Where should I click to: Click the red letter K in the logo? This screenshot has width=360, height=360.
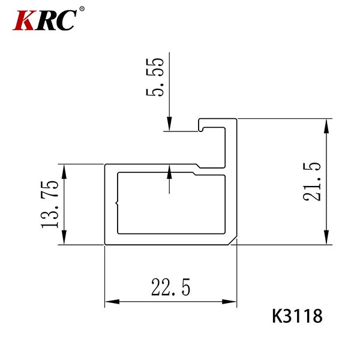point(24,20)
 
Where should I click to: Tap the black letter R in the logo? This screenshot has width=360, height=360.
point(46,20)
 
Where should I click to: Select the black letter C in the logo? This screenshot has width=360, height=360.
point(66,20)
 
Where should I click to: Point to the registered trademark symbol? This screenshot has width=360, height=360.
point(82,9)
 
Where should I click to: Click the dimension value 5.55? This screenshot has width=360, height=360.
point(155,77)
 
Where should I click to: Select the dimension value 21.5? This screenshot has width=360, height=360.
point(311,182)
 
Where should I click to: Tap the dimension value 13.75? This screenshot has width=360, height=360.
point(50,205)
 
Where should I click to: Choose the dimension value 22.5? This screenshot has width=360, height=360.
point(170,287)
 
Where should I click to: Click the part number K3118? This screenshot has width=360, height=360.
point(298,316)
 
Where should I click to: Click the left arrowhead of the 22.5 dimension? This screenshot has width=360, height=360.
point(112,301)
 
